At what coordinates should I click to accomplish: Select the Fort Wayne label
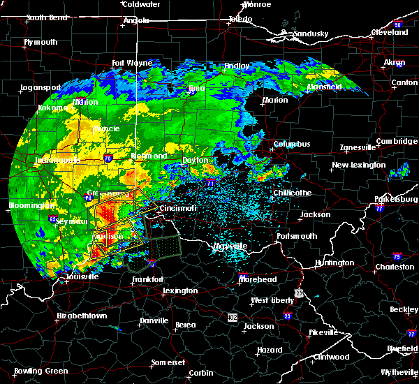click(x=132, y=63)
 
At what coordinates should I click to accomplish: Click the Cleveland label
click(x=390, y=32)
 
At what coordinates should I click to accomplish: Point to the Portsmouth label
click(x=297, y=237)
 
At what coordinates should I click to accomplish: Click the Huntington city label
click(x=335, y=263)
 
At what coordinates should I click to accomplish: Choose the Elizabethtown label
click(x=82, y=316)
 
